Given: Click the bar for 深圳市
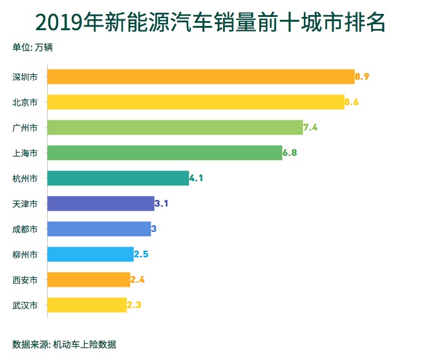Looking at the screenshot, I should tap(201, 77).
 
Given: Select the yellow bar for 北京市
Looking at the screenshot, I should tap(195, 102).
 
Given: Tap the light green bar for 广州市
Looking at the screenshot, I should tap(175, 127).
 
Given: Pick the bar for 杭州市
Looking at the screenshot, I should tap(118, 178).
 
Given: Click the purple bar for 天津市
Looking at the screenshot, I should tap(100, 204).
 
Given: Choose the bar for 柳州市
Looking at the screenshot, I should tap(90, 254).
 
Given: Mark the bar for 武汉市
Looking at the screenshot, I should tap(86, 305).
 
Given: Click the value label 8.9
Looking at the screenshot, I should tap(362, 77).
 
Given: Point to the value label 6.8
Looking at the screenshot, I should tap(290, 153).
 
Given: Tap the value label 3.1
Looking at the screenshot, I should tap(161, 204).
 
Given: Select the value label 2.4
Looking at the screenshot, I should tap(137, 280).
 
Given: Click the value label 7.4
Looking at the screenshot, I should tap(311, 127).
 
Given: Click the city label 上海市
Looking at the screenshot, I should tap(25, 153).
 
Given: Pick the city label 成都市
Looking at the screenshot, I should tap(25, 229).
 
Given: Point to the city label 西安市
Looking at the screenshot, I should tap(25, 280).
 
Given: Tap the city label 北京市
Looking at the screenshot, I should tap(25, 102).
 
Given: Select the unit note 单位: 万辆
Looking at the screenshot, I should tap(33, 47).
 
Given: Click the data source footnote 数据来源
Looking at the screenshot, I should tap(64, 345).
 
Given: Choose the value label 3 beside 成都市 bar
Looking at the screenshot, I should tap(154, 229).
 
